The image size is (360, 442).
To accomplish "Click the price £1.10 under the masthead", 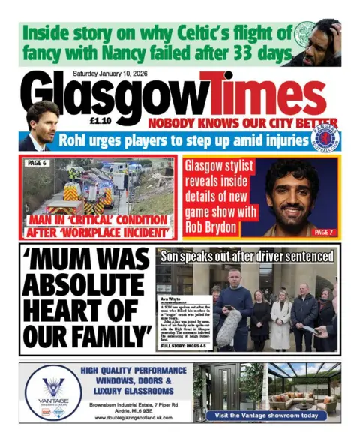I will point(100,123).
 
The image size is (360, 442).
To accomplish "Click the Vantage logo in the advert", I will point(53,389).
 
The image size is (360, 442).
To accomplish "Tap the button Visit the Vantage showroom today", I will point(267,415).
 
